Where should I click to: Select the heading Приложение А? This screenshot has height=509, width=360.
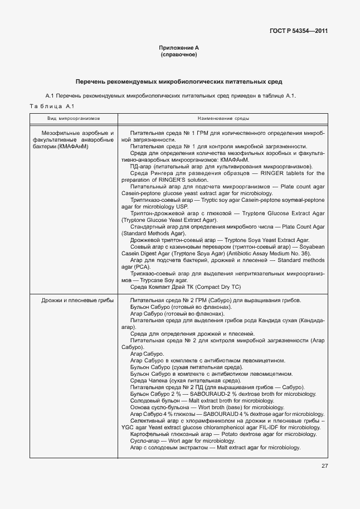click(x=179, y=49)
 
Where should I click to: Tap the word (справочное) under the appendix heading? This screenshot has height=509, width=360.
click(x=179, y=55)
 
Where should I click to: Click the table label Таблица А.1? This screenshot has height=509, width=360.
click(x=51, y=106)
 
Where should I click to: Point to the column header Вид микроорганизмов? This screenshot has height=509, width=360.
click(x=73, y=119)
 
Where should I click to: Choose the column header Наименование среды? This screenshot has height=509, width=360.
click(x=223, y=119)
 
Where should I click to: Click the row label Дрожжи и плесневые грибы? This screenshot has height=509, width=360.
click(x=77, y=300)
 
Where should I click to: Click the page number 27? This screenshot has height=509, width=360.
click(x=324, y=466)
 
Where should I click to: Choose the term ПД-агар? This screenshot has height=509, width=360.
click(x=140, y=166)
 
